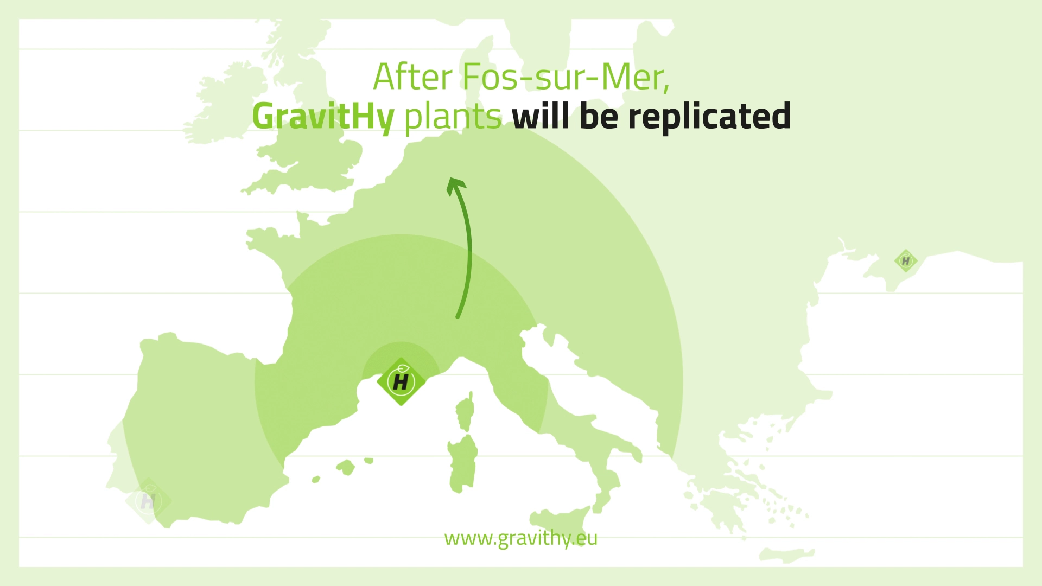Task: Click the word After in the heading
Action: click(413, 77)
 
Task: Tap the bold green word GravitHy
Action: click(323, 117)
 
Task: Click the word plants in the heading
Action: click(453, 117)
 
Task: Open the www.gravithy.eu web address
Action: click(520, 538)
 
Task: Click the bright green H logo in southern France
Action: click(401, 381)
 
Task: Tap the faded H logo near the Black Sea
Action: click(906, 261)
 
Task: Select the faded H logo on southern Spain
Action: click(148, 501)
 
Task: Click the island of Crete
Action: click(787, 555)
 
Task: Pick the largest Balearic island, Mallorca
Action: click(346, 467)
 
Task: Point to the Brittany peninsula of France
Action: click(271, 239)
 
